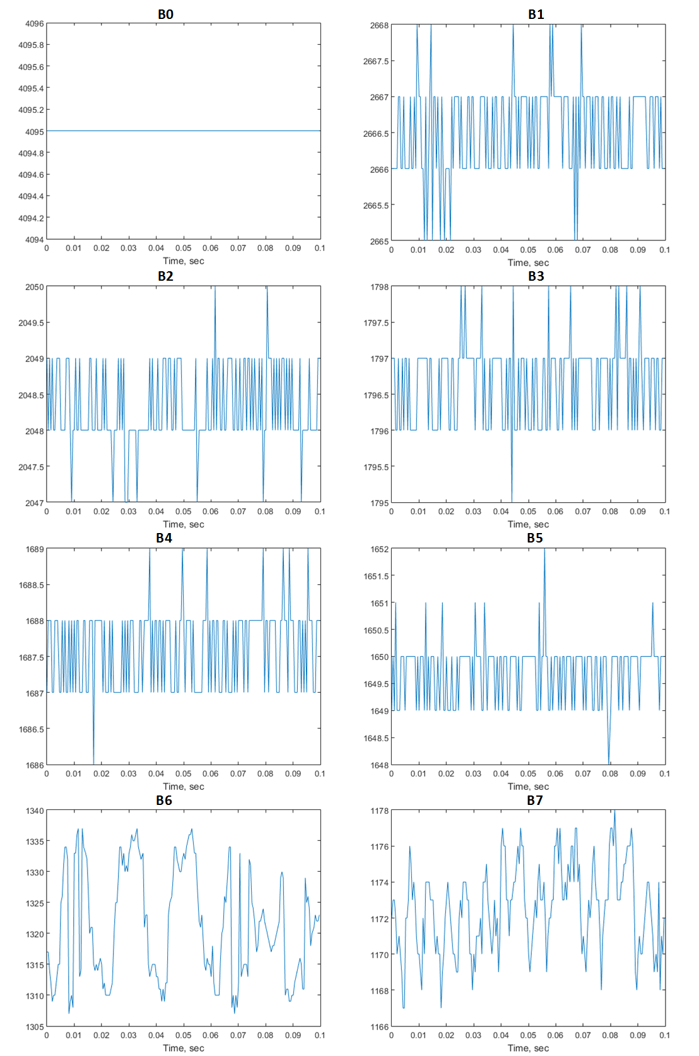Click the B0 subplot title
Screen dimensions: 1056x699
click(165, 15)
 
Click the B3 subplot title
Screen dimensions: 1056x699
click(536, 276)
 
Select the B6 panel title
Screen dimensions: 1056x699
click(164, 801)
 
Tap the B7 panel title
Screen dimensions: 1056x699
click(534, 801)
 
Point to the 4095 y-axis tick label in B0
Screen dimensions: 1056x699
click(35, 132)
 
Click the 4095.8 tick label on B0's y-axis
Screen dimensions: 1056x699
click(31, 45)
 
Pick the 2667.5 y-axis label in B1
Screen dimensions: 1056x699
click(376, 61)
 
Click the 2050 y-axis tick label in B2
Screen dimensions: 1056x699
click(35, 287)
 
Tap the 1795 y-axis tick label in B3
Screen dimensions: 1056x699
click(380, 503)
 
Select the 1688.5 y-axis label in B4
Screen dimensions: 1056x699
click(31, 585)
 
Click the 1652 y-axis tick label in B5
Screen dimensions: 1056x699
click(380, 549)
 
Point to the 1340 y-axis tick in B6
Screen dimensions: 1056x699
click(35, 811)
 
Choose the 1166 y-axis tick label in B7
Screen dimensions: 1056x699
click(380, 1027)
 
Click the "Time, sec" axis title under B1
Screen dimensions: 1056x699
click(528, 263)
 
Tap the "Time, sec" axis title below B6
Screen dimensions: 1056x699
click(184, 1048)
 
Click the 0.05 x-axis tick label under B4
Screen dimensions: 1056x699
click(184, 774)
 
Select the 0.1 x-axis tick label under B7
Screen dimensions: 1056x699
click(665, 1036)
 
